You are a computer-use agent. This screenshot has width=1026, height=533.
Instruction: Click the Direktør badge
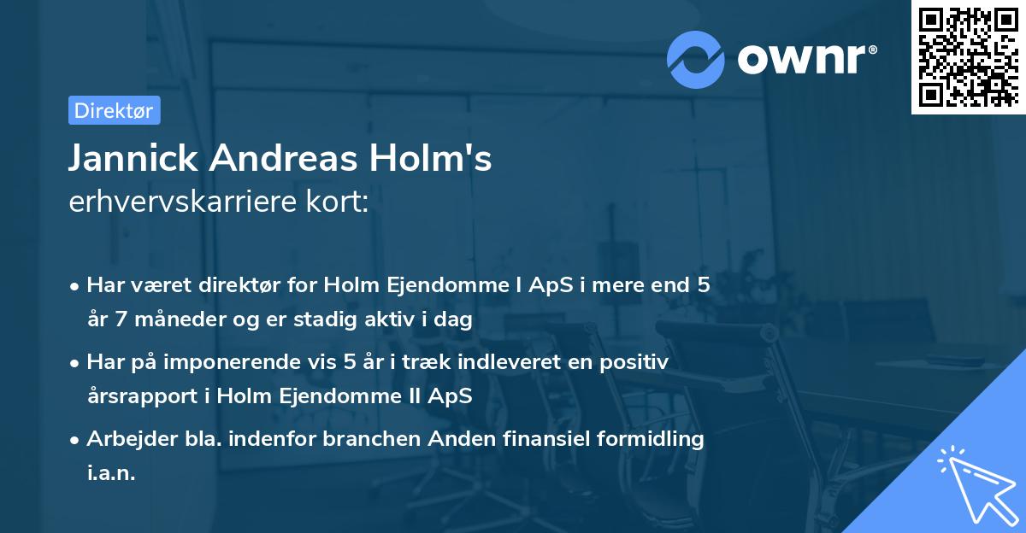click(x=114, y=110)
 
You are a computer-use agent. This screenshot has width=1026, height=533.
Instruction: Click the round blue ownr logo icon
click(x=696, y=59)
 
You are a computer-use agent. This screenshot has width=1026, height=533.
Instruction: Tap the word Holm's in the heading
click(x=436, y=158)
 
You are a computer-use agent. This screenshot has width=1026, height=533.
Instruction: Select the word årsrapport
click(x=139, y=396)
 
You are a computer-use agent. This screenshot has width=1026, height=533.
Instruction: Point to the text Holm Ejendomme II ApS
click(x=345, y=396)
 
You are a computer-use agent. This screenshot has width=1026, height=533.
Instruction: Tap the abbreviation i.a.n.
click(x=111, y=473)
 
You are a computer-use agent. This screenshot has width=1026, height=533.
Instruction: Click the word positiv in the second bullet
click(x=635, y=361)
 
